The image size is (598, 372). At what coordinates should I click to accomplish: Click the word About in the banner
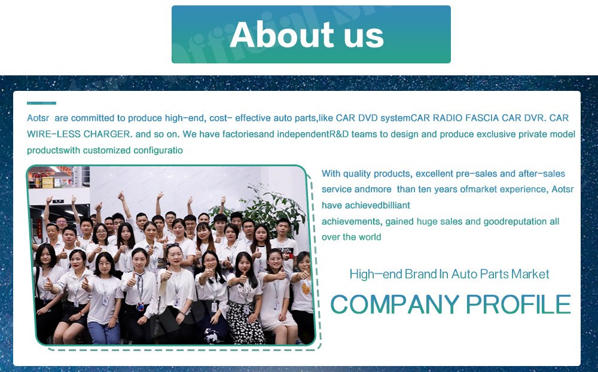coord(282,34)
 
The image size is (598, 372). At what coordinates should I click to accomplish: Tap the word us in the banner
coord(364,36)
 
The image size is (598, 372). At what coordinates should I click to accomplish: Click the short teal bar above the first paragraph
coord(42,103)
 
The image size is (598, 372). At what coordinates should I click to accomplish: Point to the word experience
coord(523,190)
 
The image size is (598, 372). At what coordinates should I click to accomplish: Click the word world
coord(370,237)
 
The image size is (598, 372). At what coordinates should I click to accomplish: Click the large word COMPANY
coord(395,304)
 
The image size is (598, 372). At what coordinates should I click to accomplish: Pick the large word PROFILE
coord(518,304)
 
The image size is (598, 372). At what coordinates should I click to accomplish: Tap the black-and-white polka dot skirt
coord(245,322)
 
